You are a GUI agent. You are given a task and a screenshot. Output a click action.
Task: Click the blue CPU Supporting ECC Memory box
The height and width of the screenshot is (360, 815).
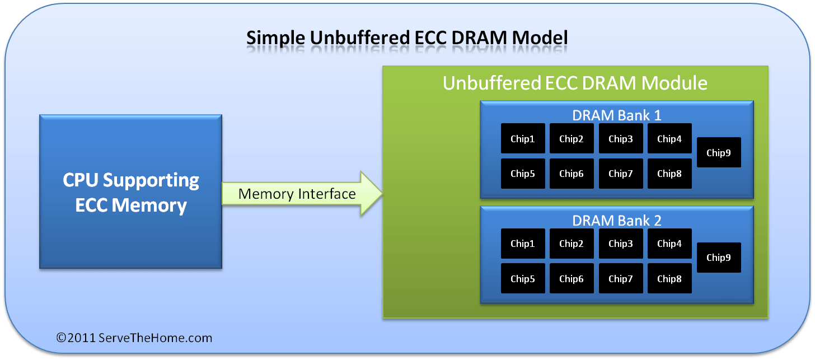click(x=130, y=191)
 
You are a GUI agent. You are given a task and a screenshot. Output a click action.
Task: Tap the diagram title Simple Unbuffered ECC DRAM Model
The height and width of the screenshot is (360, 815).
click(x=407, y=38)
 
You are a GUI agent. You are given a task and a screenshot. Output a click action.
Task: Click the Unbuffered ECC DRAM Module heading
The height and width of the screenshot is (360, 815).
click(x=575, y=83)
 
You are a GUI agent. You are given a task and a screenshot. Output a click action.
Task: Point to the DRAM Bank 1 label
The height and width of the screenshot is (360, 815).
click(x=616, y=115)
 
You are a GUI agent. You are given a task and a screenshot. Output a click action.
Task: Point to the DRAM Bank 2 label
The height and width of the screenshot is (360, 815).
click(x=616, y=221)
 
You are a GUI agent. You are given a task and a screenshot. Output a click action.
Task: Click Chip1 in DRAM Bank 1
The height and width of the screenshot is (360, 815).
click(x=522, y=139)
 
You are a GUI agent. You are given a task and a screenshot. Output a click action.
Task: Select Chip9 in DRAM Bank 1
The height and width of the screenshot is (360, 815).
click(x=719, y=152)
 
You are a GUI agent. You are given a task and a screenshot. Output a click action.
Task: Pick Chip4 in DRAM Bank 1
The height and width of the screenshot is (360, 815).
click(x=669, y=139)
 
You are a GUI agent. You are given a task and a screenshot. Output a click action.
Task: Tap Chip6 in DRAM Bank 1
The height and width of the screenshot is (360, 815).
click(x=572, y=174)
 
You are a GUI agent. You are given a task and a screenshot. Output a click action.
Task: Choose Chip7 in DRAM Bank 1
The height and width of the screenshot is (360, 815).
click(x=621, y=174)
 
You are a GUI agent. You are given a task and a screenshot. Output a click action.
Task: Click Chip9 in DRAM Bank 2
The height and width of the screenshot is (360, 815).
click(x=719, y=258)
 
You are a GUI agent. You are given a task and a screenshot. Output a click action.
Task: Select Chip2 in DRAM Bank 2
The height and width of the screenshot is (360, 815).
click(x=572, y=244)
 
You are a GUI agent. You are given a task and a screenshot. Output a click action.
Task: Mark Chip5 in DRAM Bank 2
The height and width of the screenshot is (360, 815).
click(x=522, y=279)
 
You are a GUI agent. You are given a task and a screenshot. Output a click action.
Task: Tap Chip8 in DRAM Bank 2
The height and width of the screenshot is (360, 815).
click(x=669, y=279)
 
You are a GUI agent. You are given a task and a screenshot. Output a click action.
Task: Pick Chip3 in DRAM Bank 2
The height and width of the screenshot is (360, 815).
click(x=621, y=244)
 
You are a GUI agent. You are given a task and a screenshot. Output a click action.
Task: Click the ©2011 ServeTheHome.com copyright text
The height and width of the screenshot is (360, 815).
click(x=134, y=338)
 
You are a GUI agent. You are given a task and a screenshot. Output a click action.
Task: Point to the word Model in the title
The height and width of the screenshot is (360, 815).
click(x=540, y=38)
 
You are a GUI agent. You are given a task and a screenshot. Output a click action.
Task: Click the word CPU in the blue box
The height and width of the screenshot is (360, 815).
click(x=81, y=180)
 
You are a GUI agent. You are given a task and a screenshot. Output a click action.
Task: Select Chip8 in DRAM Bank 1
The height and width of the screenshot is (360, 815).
click(x=669, y=174)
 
